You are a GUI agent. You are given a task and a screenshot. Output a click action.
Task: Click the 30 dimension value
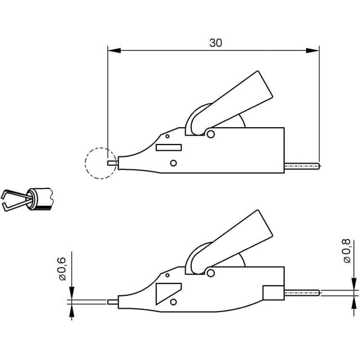point(215,43)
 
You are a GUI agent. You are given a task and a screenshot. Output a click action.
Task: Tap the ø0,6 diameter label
point(62,269)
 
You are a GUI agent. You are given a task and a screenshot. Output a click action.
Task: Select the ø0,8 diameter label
point(346,251)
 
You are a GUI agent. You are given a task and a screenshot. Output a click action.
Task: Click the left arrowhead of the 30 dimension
point(114,51)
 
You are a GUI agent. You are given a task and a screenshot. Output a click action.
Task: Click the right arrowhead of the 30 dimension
point(313,51)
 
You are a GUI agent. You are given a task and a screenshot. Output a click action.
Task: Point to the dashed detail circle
point(101,163)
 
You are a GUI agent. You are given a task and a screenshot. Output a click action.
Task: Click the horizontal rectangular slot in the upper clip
point(169,147)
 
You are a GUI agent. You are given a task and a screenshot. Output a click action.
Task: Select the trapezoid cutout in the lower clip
point(169,294)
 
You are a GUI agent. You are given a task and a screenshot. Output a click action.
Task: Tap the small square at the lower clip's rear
point(273,292)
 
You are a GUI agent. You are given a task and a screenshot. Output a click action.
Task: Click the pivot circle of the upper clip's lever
point(210,134)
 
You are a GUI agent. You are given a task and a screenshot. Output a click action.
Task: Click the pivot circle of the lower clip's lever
point(210,273)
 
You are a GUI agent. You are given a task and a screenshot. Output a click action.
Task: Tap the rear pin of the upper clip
point(301,166)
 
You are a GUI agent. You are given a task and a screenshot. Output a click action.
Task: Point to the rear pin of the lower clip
point(301,292)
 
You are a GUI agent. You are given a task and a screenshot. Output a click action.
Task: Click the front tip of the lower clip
point(112,302)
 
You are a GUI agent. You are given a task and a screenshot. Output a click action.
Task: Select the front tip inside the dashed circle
point(112,163)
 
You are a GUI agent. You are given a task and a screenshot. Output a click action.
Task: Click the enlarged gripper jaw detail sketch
point(27,199)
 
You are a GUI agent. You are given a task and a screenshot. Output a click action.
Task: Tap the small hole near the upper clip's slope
point(168,136)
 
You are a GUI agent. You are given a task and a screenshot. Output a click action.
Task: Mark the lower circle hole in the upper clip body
point(173,163)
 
